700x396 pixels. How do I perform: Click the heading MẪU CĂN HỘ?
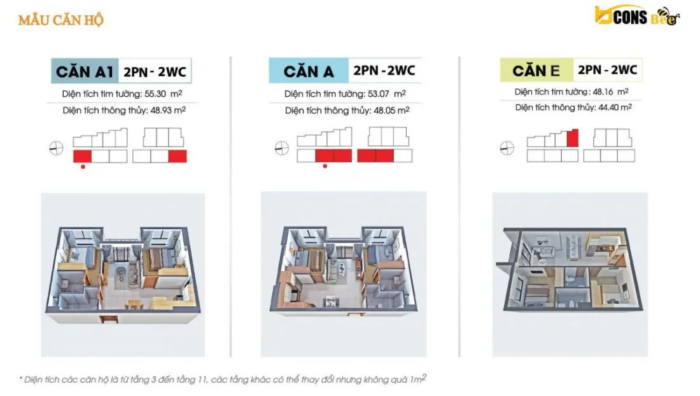tap(60, 20)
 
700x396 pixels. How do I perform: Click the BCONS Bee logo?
tap(637, 17)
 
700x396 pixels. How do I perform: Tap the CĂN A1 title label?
tap(85, 71)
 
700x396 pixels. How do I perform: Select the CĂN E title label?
tap(536, 71)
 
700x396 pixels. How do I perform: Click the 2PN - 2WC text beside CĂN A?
tap(384, 71)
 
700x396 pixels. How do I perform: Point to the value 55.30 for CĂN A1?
tap(155, 94)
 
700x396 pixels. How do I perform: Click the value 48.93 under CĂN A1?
tap(161, 110)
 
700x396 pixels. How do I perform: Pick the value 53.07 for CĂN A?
tap(378, 94)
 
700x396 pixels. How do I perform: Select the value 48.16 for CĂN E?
tap(603, 92)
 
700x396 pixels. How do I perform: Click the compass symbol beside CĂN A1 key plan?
tap(56, 148)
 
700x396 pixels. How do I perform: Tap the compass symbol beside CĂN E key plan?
tap(507, 148)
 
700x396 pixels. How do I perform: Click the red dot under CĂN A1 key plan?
tap(83, 167)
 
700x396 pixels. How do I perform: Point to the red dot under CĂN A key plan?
tap(325, 166)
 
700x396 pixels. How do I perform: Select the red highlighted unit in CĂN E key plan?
tap(573, 138)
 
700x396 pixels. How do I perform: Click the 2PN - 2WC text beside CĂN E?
tap(608, 70)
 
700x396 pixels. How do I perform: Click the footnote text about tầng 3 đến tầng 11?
tap(223, 379)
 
